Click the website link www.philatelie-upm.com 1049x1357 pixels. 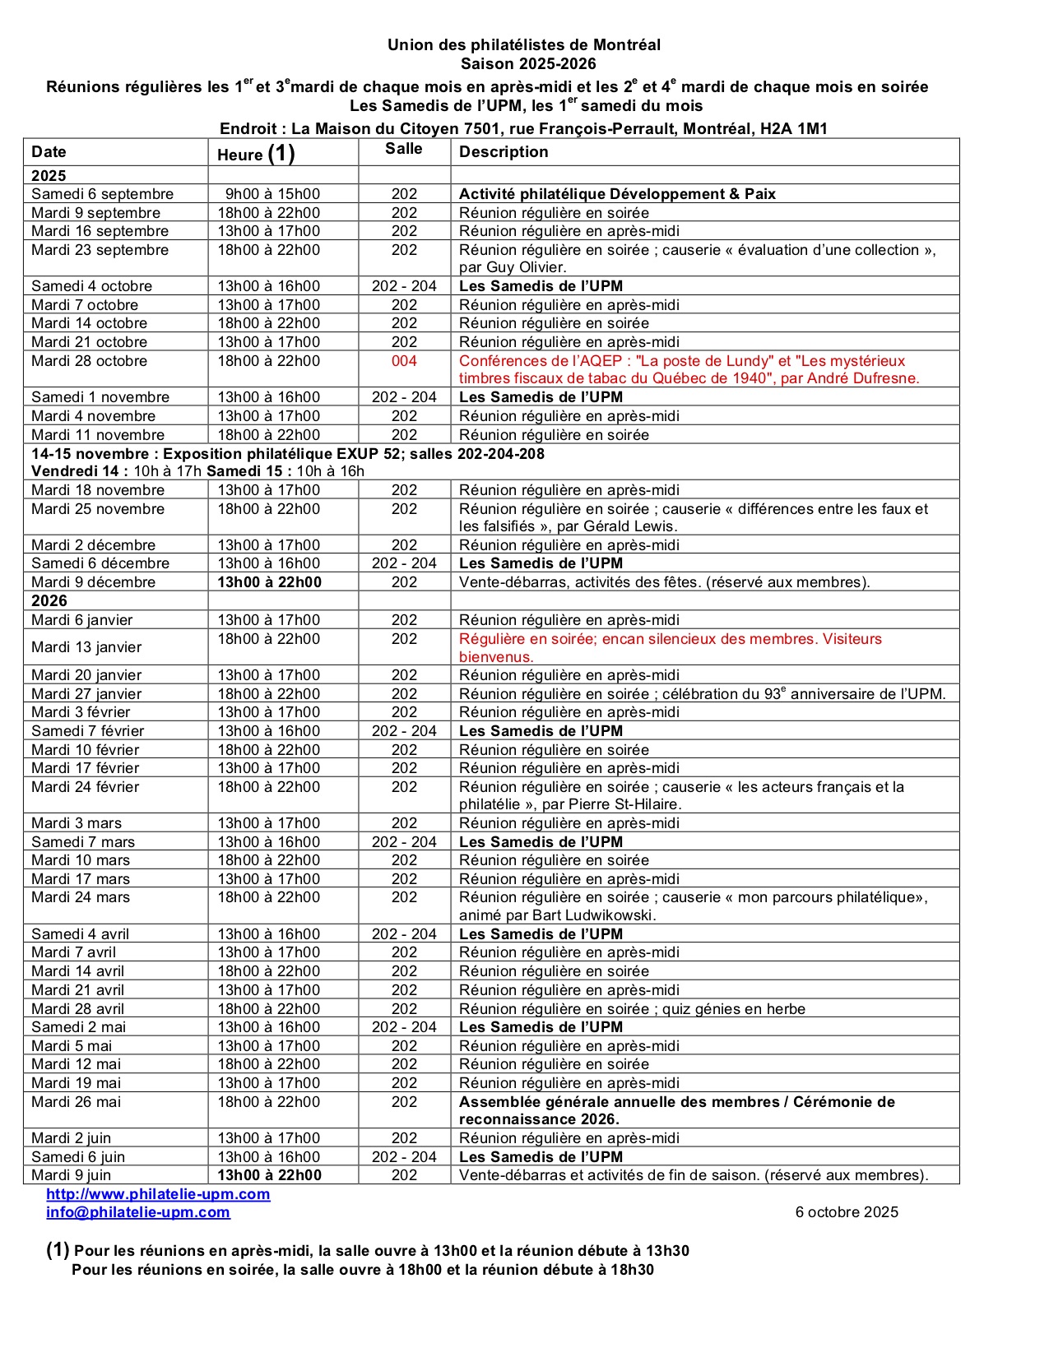[158, 1194]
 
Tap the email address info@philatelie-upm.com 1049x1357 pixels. [138, 1212]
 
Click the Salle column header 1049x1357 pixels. [404, 149]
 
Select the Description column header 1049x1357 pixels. [504, 152]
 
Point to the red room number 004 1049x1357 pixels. [404, 361]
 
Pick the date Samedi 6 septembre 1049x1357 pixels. [103, 194]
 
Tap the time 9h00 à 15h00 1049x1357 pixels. [272, 194]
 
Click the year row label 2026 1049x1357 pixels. [49, 601]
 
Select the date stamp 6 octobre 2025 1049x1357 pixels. [847, 1212]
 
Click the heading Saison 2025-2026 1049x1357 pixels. [528, 64]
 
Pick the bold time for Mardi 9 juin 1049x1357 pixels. [269, 1175]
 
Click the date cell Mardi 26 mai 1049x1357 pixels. [77, 1102]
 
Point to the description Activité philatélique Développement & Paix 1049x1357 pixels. [617, 194]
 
